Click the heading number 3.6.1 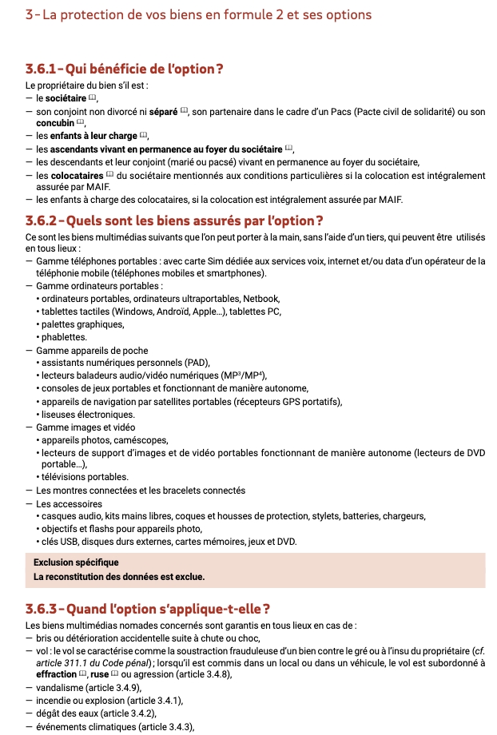44,69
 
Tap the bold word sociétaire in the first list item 61,97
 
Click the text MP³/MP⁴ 242,375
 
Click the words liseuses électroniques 88,414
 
